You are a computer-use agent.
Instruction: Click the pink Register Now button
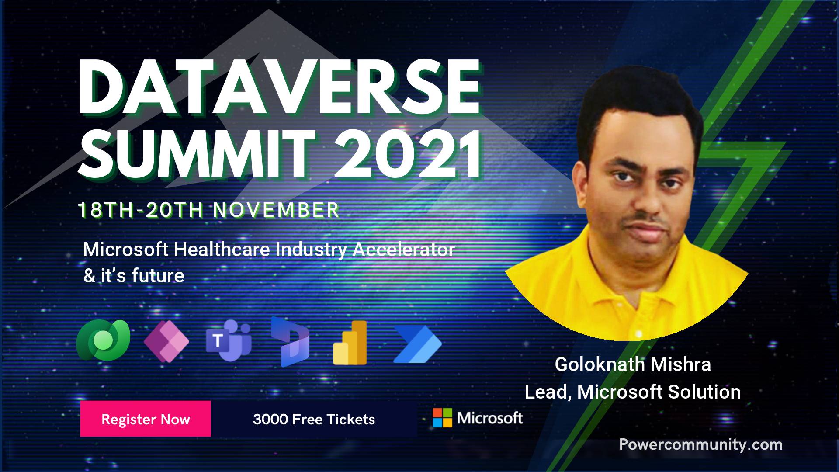146,419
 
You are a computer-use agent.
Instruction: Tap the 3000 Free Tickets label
314,420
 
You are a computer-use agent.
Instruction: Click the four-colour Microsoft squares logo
442,418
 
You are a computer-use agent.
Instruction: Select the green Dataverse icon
103,340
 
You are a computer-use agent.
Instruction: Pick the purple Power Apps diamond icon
166,340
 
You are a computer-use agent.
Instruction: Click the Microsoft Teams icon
229,340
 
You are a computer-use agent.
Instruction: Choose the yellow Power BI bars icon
350,343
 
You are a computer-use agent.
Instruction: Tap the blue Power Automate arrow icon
418,344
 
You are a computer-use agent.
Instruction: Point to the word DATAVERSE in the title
280,87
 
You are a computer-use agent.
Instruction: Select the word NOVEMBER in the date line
276,210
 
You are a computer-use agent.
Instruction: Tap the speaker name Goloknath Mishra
633,364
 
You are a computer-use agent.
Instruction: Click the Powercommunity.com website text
701,444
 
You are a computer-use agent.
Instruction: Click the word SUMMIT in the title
197,154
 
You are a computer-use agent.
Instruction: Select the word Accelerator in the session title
404,250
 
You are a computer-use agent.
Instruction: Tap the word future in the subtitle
158,276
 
